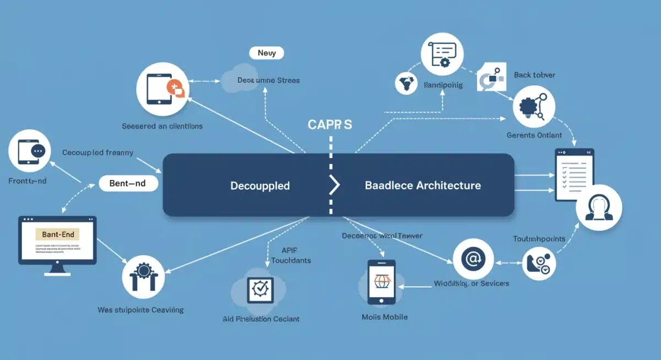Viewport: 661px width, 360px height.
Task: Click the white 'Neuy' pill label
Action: coord(267,53)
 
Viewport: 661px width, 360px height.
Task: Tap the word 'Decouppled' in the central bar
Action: coord(260,186)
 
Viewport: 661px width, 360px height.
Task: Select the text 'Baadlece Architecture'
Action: coord(422,186)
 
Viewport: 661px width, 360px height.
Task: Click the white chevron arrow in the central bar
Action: coord(334,186)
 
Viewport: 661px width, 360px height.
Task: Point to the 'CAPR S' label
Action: coord(329,124)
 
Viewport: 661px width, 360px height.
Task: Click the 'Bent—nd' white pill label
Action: coord(128,183)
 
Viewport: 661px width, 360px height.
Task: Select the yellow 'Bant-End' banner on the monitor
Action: coord(57,234)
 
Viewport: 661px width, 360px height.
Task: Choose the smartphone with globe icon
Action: coord(381,282)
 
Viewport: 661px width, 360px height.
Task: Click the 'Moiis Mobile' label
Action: coord(384,317)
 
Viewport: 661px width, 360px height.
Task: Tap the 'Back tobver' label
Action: coord(534,75)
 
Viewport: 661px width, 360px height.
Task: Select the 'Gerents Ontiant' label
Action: coord(534,135)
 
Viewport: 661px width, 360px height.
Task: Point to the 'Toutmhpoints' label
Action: coord(539,239)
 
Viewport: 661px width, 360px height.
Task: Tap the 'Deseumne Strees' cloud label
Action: coord(268,80)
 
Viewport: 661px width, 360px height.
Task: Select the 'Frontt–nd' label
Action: coord(28,181)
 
